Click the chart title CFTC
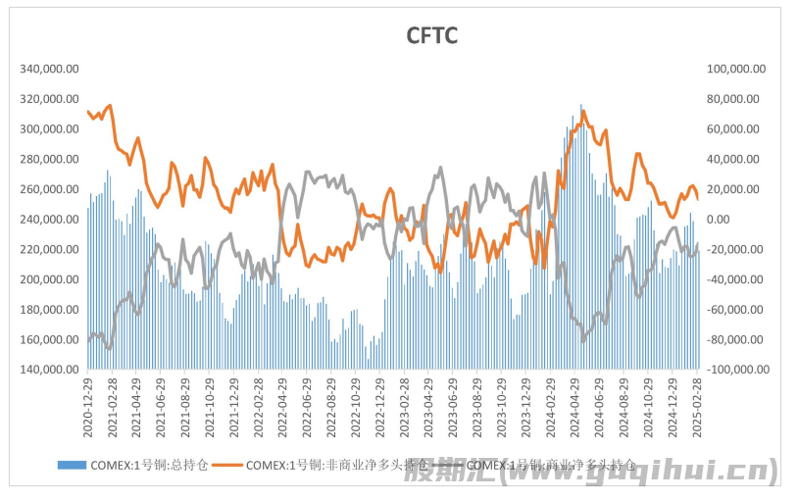432,36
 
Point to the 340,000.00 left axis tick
49,69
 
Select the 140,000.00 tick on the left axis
49,370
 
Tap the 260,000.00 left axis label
49,189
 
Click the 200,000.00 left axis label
49,279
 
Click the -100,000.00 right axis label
733,370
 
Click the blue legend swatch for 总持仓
71,465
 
